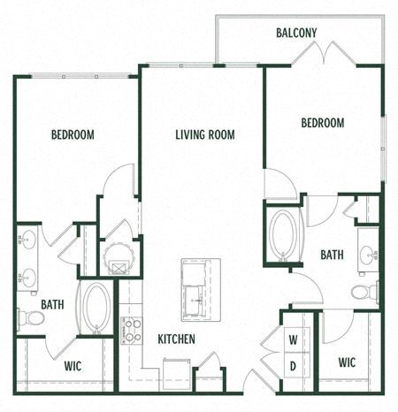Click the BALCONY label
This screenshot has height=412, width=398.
click(x=296, y=33)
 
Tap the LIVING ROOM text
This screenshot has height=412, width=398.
click(x=202, y=134)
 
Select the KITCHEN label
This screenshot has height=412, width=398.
click(x=177, y=339)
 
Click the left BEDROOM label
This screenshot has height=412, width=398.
click(x=73, y=134)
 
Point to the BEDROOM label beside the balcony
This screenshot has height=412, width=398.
click(x=323, y=124)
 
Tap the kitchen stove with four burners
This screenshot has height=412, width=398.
click(x=131, y=330)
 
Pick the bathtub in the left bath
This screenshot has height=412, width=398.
click(x=96, y=307)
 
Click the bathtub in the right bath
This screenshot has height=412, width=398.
click(x=284, y=233)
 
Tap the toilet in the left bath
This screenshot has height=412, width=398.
click(x=28, y=317)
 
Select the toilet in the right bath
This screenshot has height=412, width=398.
click(x=364, y=291)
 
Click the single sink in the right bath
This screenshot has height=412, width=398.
click(x=366, y=256)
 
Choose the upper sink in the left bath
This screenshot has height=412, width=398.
click(x=27, y=240)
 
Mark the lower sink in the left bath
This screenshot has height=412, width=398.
click(x=27, y=277)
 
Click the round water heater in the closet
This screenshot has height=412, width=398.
click(x=117, y=259)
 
